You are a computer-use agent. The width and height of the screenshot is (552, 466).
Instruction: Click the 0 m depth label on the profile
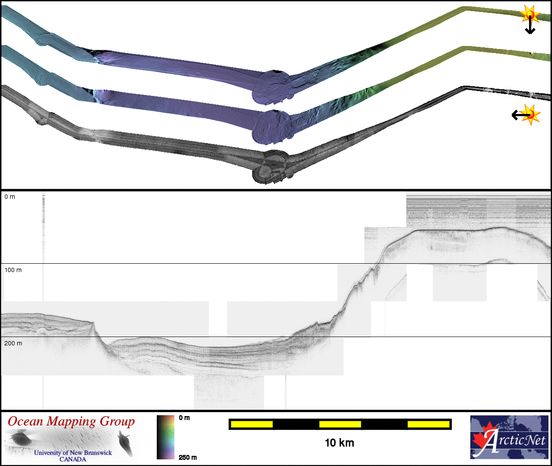[x=10, y=197]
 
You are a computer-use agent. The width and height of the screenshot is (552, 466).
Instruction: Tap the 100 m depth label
[x=13, y=270]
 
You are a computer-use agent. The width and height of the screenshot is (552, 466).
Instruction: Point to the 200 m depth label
[x=13, y=343]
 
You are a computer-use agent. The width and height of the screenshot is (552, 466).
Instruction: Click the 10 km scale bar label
[x=340, y=443]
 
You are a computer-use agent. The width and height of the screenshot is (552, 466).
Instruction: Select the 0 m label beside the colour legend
[x=184, y=418]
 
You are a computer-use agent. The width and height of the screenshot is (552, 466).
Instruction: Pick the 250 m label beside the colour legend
[x=188, y=457]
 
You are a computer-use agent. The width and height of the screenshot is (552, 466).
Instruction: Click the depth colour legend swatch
[x=166, y=437]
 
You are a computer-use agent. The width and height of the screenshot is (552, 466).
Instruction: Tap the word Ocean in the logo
[x=25, y=421]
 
